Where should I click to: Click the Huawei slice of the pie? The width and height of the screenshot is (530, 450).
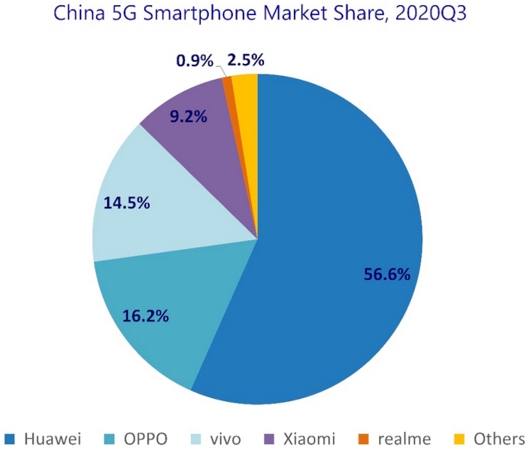346,226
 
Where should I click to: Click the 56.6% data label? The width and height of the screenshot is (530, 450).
387,275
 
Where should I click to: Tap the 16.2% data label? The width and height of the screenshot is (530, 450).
146,315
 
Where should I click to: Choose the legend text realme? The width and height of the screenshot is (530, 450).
404,438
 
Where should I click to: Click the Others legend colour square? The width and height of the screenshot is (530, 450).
457,438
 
